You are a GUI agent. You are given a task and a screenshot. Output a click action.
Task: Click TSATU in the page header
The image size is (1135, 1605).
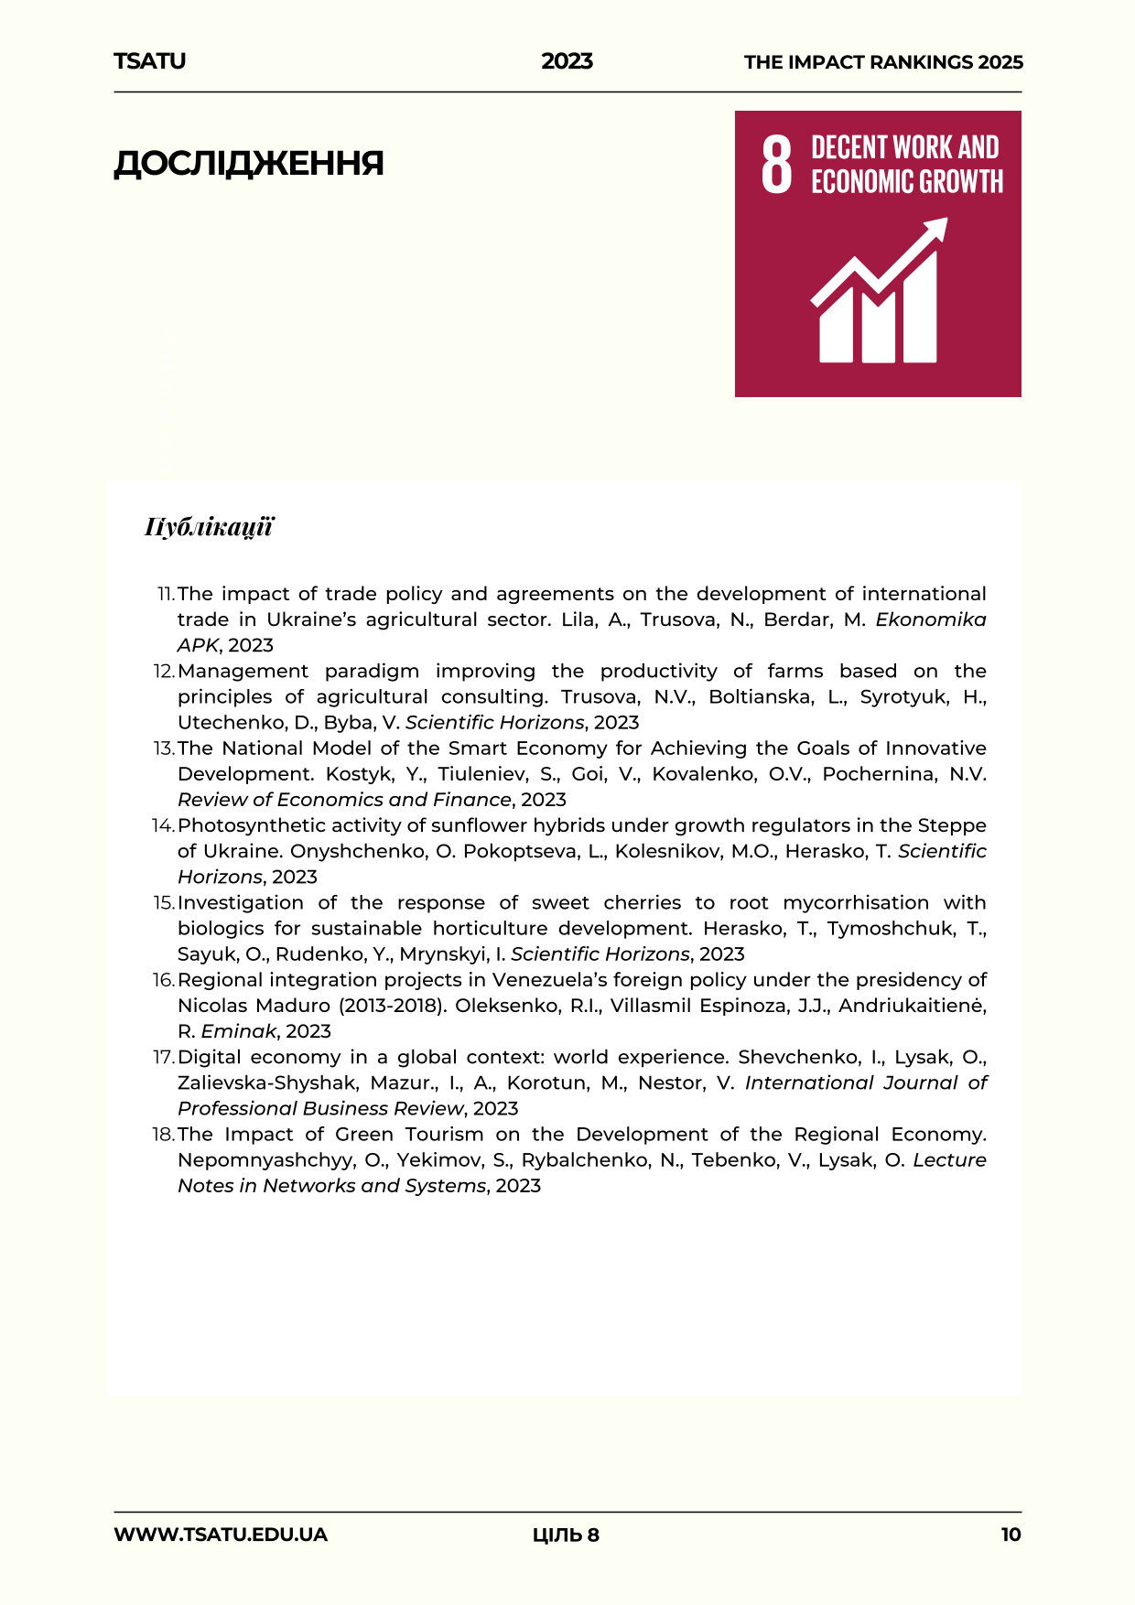pyautogui.click(x=149, y=61)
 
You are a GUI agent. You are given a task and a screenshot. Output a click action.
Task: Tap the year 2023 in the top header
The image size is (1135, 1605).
pyautogui.click(x=567, y=61)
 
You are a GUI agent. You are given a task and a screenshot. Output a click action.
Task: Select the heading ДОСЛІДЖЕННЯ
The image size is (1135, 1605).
pyautogui.click(x=248, y=164)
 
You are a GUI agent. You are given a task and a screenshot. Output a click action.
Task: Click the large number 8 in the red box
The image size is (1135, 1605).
pyautogui.click(x=776, y=164)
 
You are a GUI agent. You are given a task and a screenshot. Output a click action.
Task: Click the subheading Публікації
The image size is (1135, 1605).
pyautogui.click(x=209, y=527)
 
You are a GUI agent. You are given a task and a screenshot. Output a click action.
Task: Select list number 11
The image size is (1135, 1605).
pyautogui.click(x=165, y=595)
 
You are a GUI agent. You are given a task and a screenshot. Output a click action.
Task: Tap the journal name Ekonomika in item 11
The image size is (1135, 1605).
pyautogui.click(x=930, y=619)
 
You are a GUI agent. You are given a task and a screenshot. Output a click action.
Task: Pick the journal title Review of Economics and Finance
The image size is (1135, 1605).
pyautogui.click(x=344, y=800)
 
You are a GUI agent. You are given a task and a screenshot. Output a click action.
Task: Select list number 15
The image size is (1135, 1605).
pyautogui.click(x=164, y=903)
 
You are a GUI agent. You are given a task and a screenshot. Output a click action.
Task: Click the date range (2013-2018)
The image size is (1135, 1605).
pyautogui.click(x=392, y=1006)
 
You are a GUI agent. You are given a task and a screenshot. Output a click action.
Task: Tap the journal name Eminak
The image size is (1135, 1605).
pyautogui.click(x=239, y=1031)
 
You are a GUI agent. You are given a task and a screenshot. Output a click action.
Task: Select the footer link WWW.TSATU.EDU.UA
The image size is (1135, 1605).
pyautogui.click(x=221, y=1535)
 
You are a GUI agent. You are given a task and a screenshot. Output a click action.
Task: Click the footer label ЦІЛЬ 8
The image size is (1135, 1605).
pyautogui.click(x=566, y=1535)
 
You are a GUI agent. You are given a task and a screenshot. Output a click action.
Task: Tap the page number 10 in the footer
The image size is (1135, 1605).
pyautogui.click(x=1011, y=1535)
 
